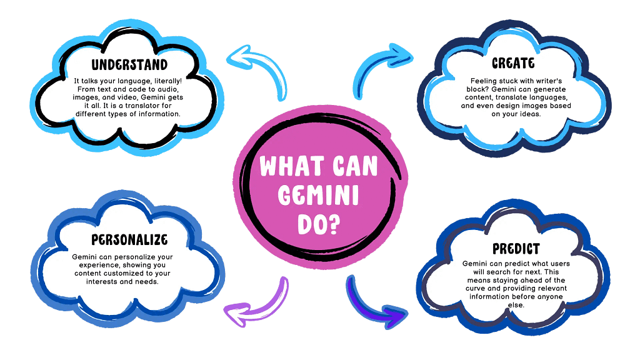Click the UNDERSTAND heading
tap(129, 65)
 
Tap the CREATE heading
tap(512, 63)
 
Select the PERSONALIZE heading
tap(129, 240)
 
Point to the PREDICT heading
tap(516, 249)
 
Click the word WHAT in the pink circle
tap(289, 167)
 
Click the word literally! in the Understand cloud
tap(163, 81)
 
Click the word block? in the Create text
tap(484, 89)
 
